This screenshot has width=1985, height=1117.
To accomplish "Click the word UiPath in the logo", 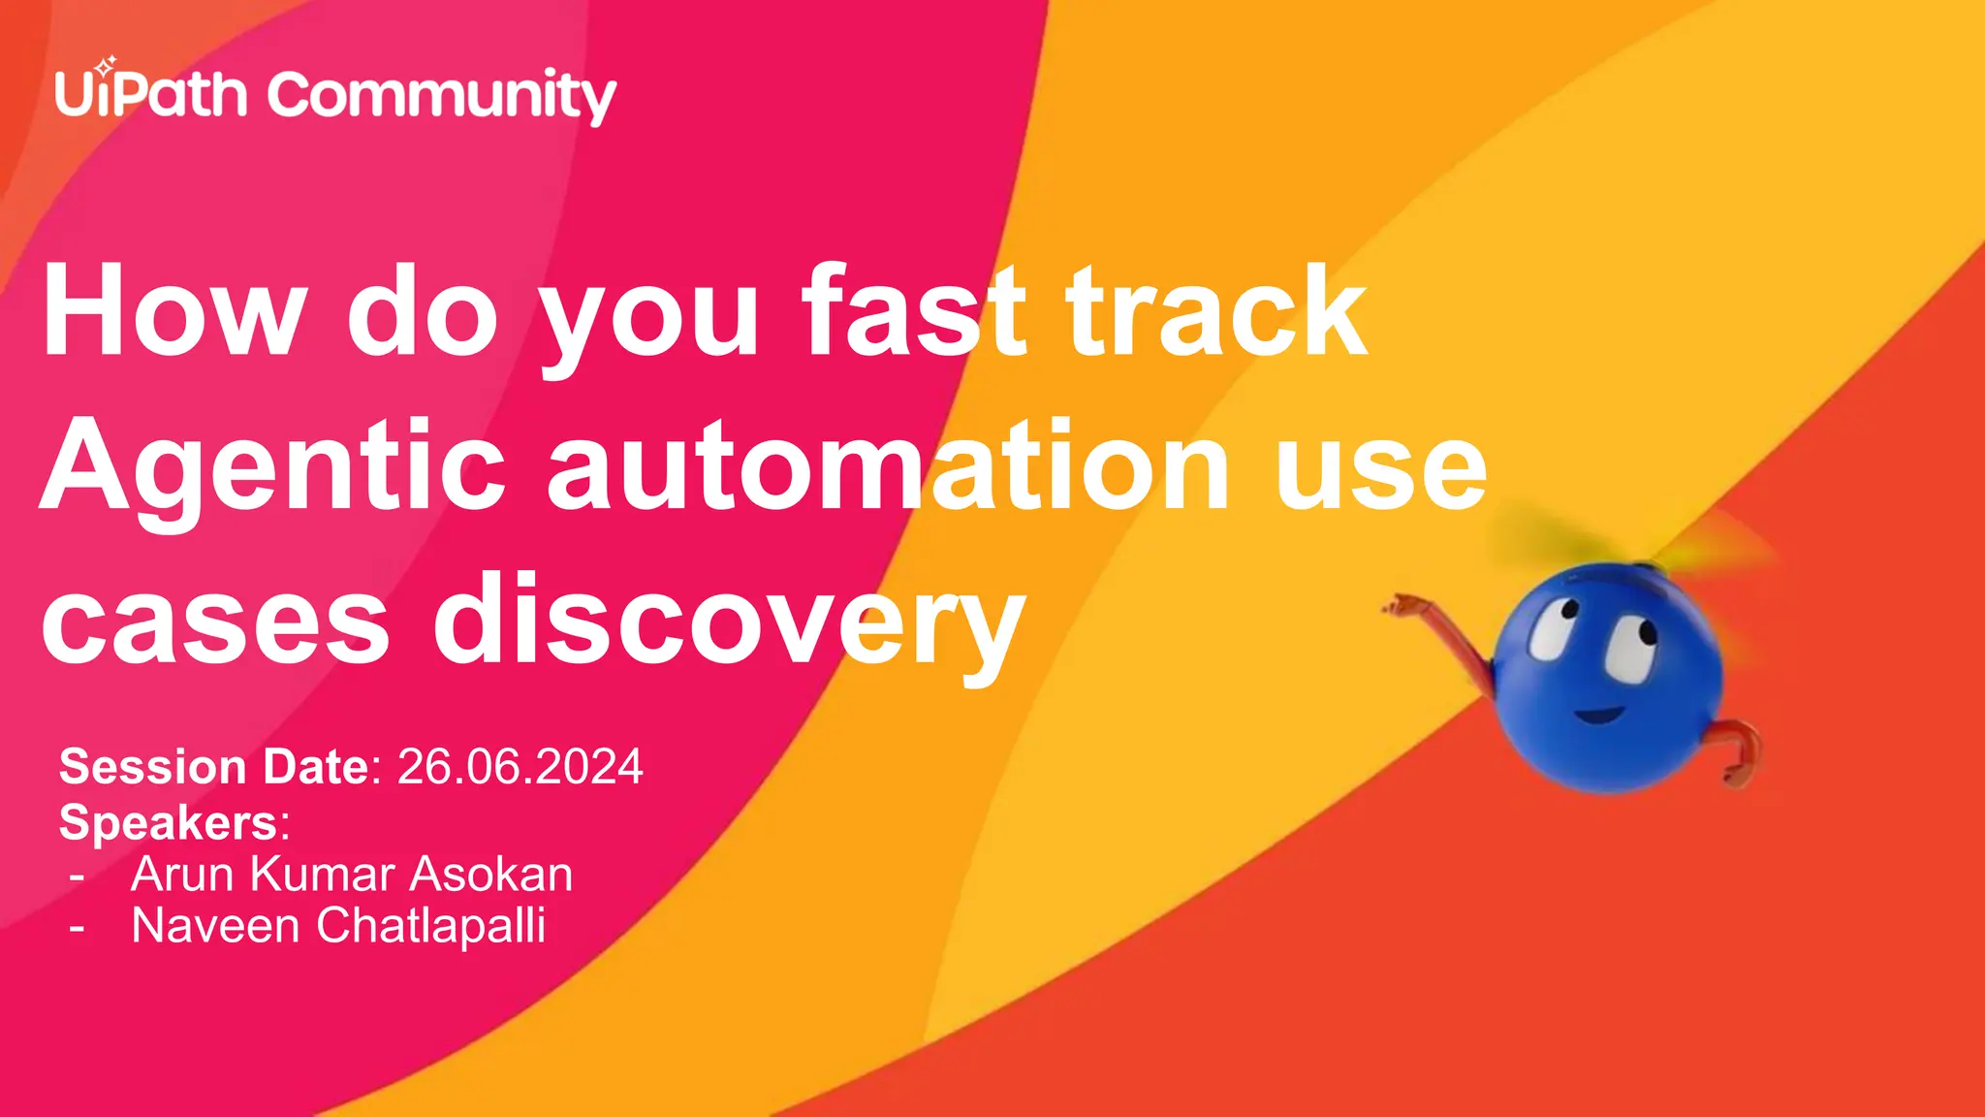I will coord(150,95).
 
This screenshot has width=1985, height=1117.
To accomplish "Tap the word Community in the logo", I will coord(441,97).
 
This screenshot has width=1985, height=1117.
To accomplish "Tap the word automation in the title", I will coord(888,465).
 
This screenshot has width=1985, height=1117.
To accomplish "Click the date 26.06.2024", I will coord(520,767).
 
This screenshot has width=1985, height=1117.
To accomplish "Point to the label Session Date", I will coord(214,767).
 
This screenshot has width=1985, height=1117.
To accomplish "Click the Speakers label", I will coord(171,822).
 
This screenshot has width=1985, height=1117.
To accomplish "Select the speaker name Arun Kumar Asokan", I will coord(352,874).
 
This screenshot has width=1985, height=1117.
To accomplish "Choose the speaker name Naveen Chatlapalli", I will coord(338,925).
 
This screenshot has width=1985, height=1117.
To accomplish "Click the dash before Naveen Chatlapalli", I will coord(78,928).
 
